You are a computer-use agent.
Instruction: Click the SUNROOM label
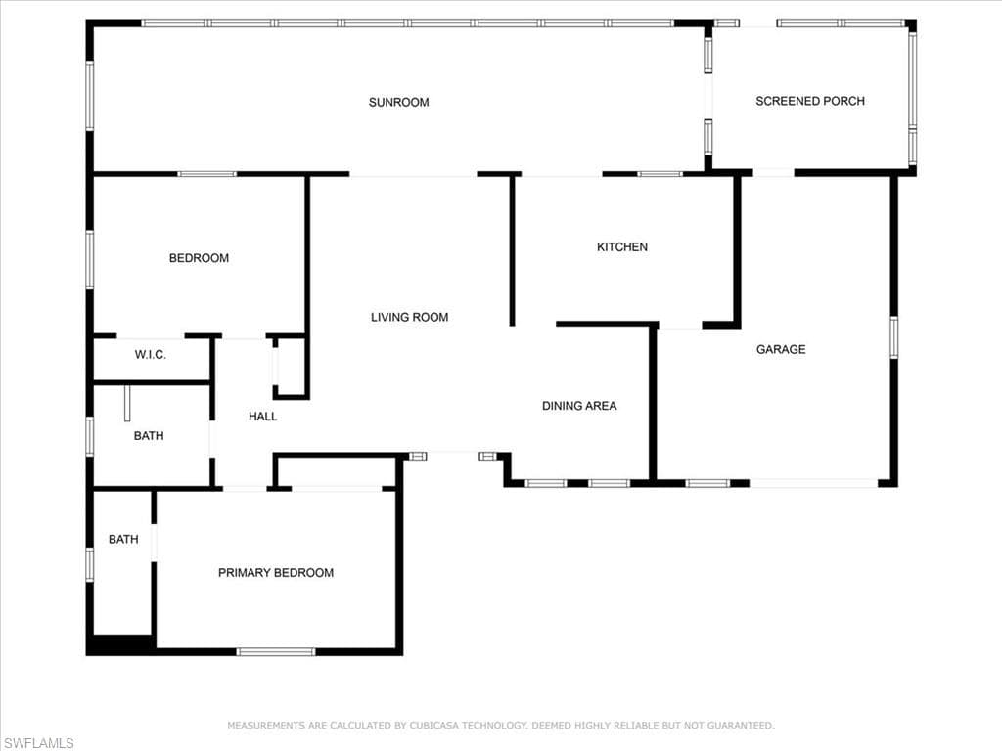(399, 102)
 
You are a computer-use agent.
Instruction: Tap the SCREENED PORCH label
(809, 101)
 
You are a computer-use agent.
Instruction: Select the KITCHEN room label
(621, 247)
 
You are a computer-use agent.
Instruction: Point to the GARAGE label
(781, 349)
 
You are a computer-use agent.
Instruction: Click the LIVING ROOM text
(410, 318)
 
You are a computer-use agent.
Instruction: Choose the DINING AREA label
(579, 406)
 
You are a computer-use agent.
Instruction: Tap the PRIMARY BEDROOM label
(276, 573)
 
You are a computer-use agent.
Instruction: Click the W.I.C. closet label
(150, 355)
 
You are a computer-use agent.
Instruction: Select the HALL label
(262, 417)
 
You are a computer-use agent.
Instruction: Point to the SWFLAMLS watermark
(38, 743)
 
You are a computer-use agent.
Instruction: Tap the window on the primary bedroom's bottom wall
(276, 652)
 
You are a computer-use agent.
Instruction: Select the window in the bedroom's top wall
(207, 174)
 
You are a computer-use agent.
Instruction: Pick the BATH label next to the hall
(149, 436)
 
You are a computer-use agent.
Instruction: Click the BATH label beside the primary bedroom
(123, 540)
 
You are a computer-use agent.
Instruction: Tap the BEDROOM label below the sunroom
(199, 258)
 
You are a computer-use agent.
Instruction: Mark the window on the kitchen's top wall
(660, 174)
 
